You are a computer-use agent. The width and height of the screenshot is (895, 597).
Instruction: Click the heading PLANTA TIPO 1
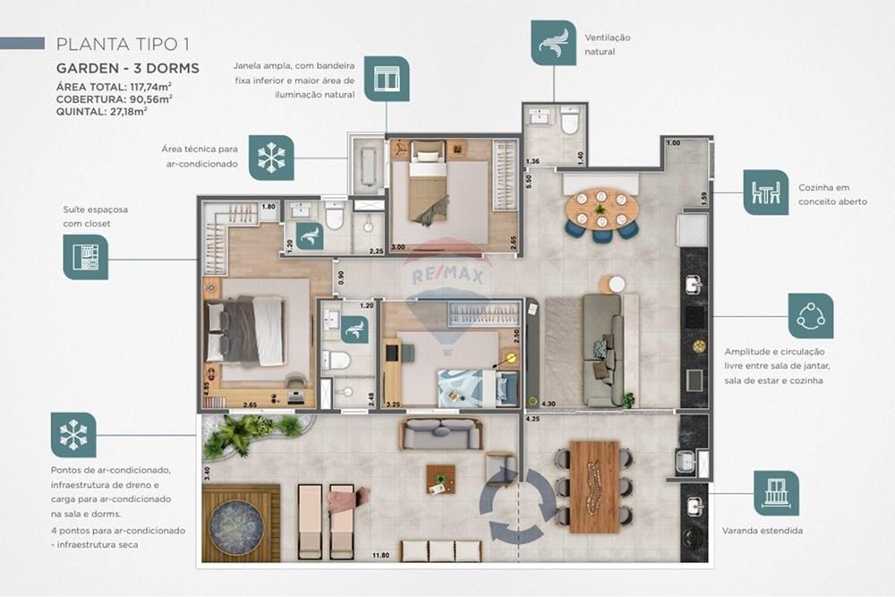123,44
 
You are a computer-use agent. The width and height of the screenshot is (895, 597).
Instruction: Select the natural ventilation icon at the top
553,42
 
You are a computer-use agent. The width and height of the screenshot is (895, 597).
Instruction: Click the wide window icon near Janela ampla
387,79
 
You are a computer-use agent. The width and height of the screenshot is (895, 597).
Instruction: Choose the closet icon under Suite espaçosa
85,257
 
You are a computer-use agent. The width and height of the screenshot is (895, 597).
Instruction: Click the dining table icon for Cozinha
765,192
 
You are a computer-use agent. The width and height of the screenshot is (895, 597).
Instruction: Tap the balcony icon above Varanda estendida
776,493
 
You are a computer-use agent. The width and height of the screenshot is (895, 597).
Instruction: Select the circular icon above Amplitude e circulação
811,315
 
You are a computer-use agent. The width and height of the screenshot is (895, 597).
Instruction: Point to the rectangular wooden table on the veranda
594,486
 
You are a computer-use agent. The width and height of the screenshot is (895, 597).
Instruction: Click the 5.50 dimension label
529,179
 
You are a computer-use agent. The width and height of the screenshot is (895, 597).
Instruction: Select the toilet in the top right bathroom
570,123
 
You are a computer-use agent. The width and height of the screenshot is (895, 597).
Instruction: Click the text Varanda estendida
763,531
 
